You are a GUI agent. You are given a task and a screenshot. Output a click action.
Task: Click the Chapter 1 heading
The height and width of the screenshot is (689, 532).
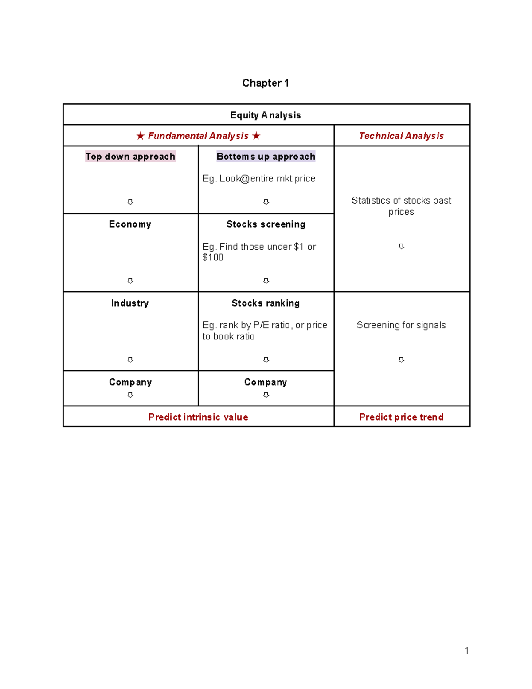265,83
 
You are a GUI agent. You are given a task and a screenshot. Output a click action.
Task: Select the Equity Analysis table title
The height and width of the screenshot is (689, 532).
265,115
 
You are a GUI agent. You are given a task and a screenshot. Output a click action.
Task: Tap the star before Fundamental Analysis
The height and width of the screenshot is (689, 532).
140,136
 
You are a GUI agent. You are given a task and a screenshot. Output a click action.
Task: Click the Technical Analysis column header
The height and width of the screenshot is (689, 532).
401,136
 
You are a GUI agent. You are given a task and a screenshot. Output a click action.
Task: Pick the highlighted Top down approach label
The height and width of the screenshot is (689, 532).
130,157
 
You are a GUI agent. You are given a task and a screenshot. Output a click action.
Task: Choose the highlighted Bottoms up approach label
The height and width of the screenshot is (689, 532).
266,157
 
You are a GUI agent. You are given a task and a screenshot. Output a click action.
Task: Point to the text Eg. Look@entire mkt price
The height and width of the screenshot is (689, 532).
259,178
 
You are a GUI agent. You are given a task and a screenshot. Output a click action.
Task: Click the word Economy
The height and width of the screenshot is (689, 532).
130,224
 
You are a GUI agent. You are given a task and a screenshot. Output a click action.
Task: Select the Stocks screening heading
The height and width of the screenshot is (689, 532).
266,224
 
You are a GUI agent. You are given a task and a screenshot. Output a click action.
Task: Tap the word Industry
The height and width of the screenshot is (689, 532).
130,303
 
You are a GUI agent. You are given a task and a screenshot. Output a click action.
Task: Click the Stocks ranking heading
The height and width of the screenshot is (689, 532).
266,303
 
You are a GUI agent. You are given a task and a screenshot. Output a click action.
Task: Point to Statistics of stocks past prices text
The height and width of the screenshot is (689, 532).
401,206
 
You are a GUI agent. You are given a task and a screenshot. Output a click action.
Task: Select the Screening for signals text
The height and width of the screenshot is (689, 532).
401,325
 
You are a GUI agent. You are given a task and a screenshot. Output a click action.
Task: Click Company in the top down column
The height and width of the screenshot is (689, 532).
130,382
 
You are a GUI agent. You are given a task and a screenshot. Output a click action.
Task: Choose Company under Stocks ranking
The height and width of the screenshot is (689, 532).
266,382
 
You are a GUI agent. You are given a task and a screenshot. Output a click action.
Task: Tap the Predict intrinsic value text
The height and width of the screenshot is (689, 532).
198,417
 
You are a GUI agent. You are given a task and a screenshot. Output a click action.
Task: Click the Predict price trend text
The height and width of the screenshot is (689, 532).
401,417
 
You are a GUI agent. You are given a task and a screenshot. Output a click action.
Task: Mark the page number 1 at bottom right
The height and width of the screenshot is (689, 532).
467,650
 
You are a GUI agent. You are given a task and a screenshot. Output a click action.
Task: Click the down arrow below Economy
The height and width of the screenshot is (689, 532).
130,281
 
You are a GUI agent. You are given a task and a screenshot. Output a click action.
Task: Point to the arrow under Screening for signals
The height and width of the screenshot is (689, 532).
401,360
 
